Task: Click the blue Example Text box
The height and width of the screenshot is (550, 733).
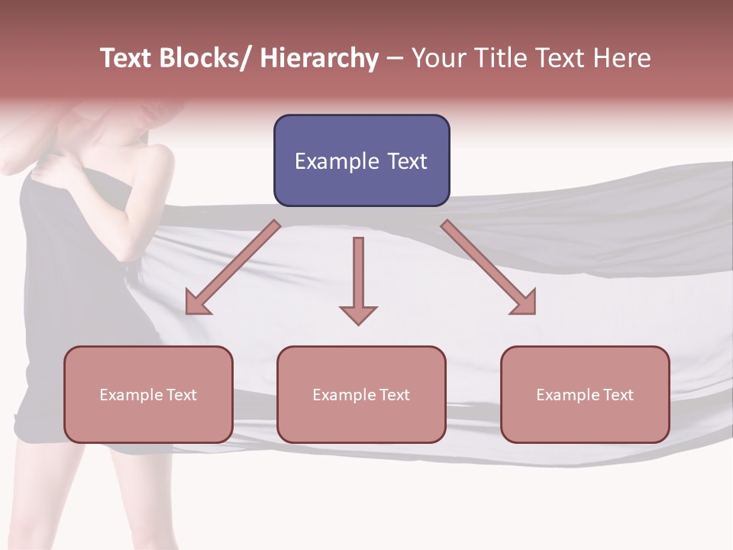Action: (361, 160)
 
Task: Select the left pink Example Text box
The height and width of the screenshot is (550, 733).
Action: (148, 394)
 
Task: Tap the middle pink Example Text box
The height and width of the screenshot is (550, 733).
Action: (361, 394)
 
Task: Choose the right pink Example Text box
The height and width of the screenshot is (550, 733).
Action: (585, 394)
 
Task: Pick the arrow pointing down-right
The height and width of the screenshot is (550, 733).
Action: (489, 267)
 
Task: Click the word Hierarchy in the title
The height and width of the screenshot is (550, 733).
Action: (319, 58)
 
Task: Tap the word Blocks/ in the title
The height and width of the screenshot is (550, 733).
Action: (205, 58)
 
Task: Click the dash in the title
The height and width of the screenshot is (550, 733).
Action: (395, 58)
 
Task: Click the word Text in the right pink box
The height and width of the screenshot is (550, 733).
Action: (618, 395)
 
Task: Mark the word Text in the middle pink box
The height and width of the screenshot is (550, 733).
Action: (395, 395)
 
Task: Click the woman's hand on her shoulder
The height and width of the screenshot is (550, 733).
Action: (50, 164)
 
